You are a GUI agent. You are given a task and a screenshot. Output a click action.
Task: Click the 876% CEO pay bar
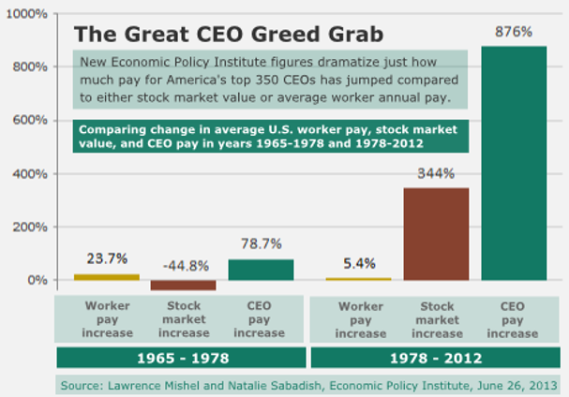[x=513, y=163]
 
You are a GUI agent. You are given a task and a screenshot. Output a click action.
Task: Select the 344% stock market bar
[x=436, y=234]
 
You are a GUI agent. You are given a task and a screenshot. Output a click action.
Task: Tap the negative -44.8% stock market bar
[x=183, y=285]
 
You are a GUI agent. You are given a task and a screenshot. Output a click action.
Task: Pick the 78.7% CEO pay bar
[x=260, y=270]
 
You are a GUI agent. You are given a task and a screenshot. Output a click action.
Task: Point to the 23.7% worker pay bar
[x=106, y=276]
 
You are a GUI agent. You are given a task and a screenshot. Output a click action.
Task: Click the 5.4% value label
[x=360, y=263]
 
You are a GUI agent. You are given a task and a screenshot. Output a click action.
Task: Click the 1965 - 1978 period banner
[x=182, y=358]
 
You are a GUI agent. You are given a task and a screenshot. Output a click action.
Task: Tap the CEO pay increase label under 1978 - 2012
[x=513, y=319]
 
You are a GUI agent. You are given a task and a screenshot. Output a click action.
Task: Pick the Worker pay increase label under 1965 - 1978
[x=107, y=319]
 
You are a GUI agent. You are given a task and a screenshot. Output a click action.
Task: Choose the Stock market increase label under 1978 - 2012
[x=436, y=319]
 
